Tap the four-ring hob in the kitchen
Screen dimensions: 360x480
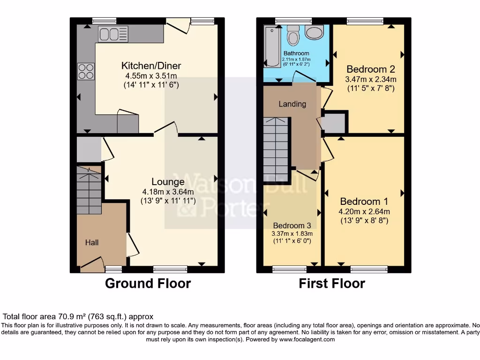pos(86,71)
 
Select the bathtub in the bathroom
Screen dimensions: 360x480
pos(271,47)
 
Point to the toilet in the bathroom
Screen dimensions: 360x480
pos(293,36)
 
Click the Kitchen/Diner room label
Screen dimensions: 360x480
pos(151,66)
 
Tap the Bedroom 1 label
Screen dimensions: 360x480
pos(364,202)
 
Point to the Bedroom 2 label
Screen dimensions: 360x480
pos(367,69)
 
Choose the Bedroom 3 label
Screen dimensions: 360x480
pos(292,225)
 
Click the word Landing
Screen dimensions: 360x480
pos(292,104)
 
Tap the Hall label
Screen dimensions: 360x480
pos(92,242)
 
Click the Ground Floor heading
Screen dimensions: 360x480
pos(148,284)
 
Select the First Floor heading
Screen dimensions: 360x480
pos(332,284)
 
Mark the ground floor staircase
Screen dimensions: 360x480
pos(89,190)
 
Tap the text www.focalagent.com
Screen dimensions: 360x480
pos(307,339)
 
